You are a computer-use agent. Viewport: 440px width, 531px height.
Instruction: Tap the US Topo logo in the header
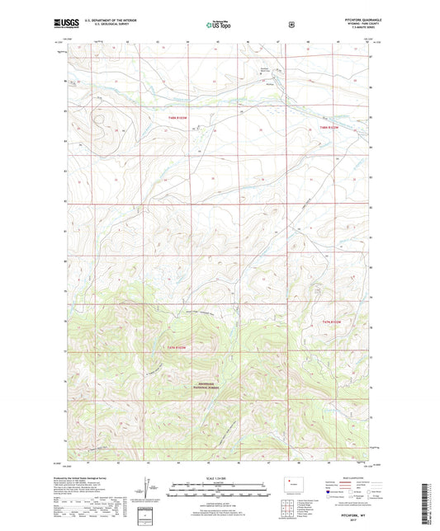220,26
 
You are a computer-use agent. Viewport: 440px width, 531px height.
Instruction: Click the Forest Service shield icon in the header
291,25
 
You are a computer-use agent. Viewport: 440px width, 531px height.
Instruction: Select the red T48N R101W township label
329,128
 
